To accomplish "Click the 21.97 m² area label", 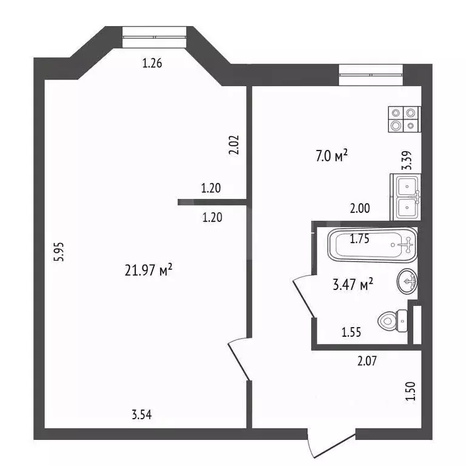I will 149,271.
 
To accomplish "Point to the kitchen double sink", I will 406,195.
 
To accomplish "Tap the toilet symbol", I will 393,320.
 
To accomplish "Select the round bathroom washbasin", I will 407,281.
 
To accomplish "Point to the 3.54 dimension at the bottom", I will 142,415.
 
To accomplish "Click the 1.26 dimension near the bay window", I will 152,62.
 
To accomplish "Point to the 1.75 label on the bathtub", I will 360,238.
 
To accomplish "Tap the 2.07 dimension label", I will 368,362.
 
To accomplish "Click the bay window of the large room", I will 154,36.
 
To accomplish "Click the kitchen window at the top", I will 371,74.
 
